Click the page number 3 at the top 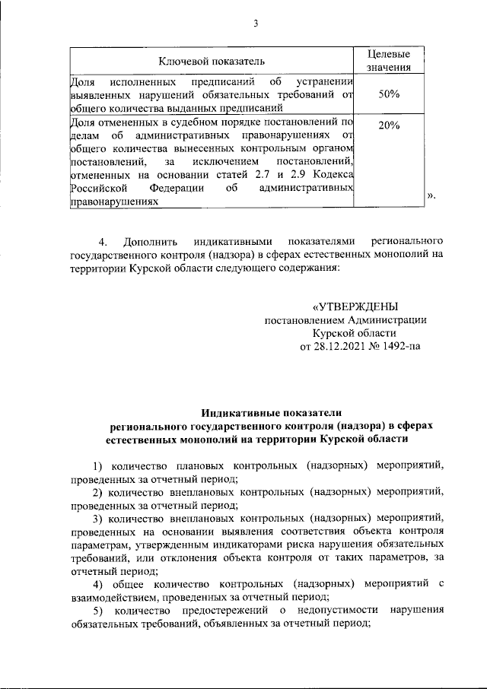coord(256,24)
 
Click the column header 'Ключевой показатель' coord(212,61)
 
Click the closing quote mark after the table coord(431,196)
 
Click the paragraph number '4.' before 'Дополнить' coord(104,241)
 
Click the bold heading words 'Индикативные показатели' coord(272,411)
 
